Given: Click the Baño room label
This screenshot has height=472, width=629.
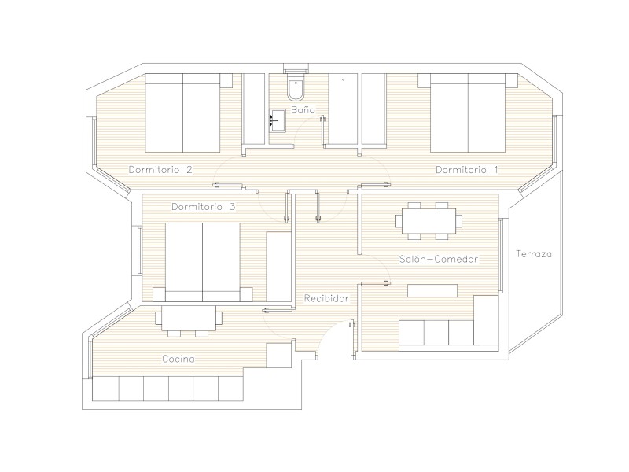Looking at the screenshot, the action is tap(303, 109).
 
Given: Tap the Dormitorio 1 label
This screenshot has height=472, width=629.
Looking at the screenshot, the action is tap(467, 170).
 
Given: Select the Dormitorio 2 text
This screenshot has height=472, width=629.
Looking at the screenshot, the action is tap(160, 169).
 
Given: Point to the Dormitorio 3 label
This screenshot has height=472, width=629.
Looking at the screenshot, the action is tap(204, 207).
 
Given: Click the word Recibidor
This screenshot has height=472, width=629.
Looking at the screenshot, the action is tap(326, 299).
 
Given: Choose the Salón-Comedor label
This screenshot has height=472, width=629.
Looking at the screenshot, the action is tap(439, 259).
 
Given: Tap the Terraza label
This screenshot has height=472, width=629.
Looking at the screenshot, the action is tap(534, 253).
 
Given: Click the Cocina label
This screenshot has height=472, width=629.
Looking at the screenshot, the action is tap(178, 359).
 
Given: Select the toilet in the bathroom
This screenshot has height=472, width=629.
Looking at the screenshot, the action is tap(296, 87).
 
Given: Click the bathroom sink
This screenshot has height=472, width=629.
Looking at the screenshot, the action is tap(278, 120).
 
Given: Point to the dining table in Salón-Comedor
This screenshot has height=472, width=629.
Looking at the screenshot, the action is tap(429, 221).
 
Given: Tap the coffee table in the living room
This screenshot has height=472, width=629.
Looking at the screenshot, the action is tap(432, 290).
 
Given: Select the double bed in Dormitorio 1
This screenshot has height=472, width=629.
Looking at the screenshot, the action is tap(468, 112).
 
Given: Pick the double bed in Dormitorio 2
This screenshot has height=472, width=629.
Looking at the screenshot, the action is tap(182, 112).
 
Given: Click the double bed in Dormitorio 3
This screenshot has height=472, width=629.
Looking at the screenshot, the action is tap(203, 262).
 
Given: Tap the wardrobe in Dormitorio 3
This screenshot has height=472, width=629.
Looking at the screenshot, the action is tap(279, 267).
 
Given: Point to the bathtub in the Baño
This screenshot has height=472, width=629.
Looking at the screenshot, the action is tap(343, 109).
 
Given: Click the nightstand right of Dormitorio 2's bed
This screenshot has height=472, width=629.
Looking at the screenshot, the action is tap(226, 80).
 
